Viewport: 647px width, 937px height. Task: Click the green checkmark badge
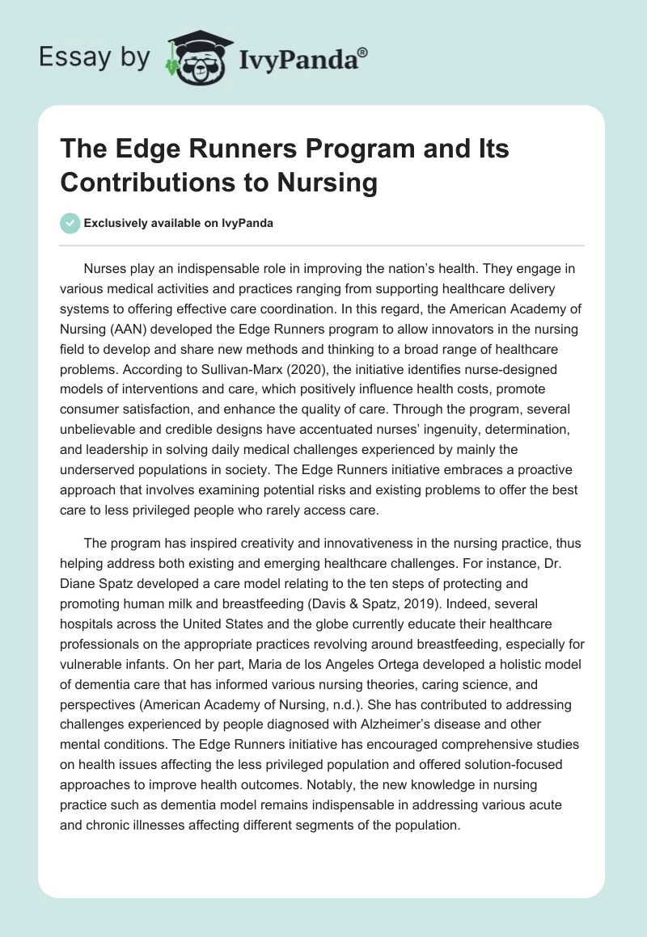(71, 223)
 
